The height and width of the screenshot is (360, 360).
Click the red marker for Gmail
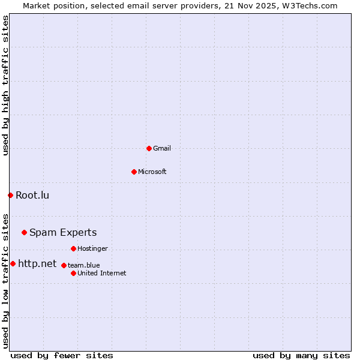149,148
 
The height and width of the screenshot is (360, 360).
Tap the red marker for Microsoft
134,172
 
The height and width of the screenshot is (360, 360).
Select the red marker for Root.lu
10,195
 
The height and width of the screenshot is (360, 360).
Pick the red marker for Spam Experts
24,232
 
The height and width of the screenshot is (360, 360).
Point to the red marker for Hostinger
73,248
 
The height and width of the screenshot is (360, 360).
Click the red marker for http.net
13,263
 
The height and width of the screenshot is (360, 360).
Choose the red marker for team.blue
64,265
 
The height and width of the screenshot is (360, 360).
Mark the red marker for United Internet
73,273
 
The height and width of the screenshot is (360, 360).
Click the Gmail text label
162,148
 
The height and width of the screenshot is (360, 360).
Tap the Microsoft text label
152,172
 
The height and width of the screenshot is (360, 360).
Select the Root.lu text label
32,195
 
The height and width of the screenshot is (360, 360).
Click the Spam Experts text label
63,232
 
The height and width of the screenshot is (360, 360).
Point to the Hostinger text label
92,248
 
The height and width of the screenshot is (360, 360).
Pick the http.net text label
37,263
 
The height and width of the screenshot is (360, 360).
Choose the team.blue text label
84,265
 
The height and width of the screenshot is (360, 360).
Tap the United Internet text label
102,273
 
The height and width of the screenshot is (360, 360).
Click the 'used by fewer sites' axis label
62,355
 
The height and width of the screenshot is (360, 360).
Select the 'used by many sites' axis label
301,355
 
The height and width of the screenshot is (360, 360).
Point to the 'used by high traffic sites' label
5,85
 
